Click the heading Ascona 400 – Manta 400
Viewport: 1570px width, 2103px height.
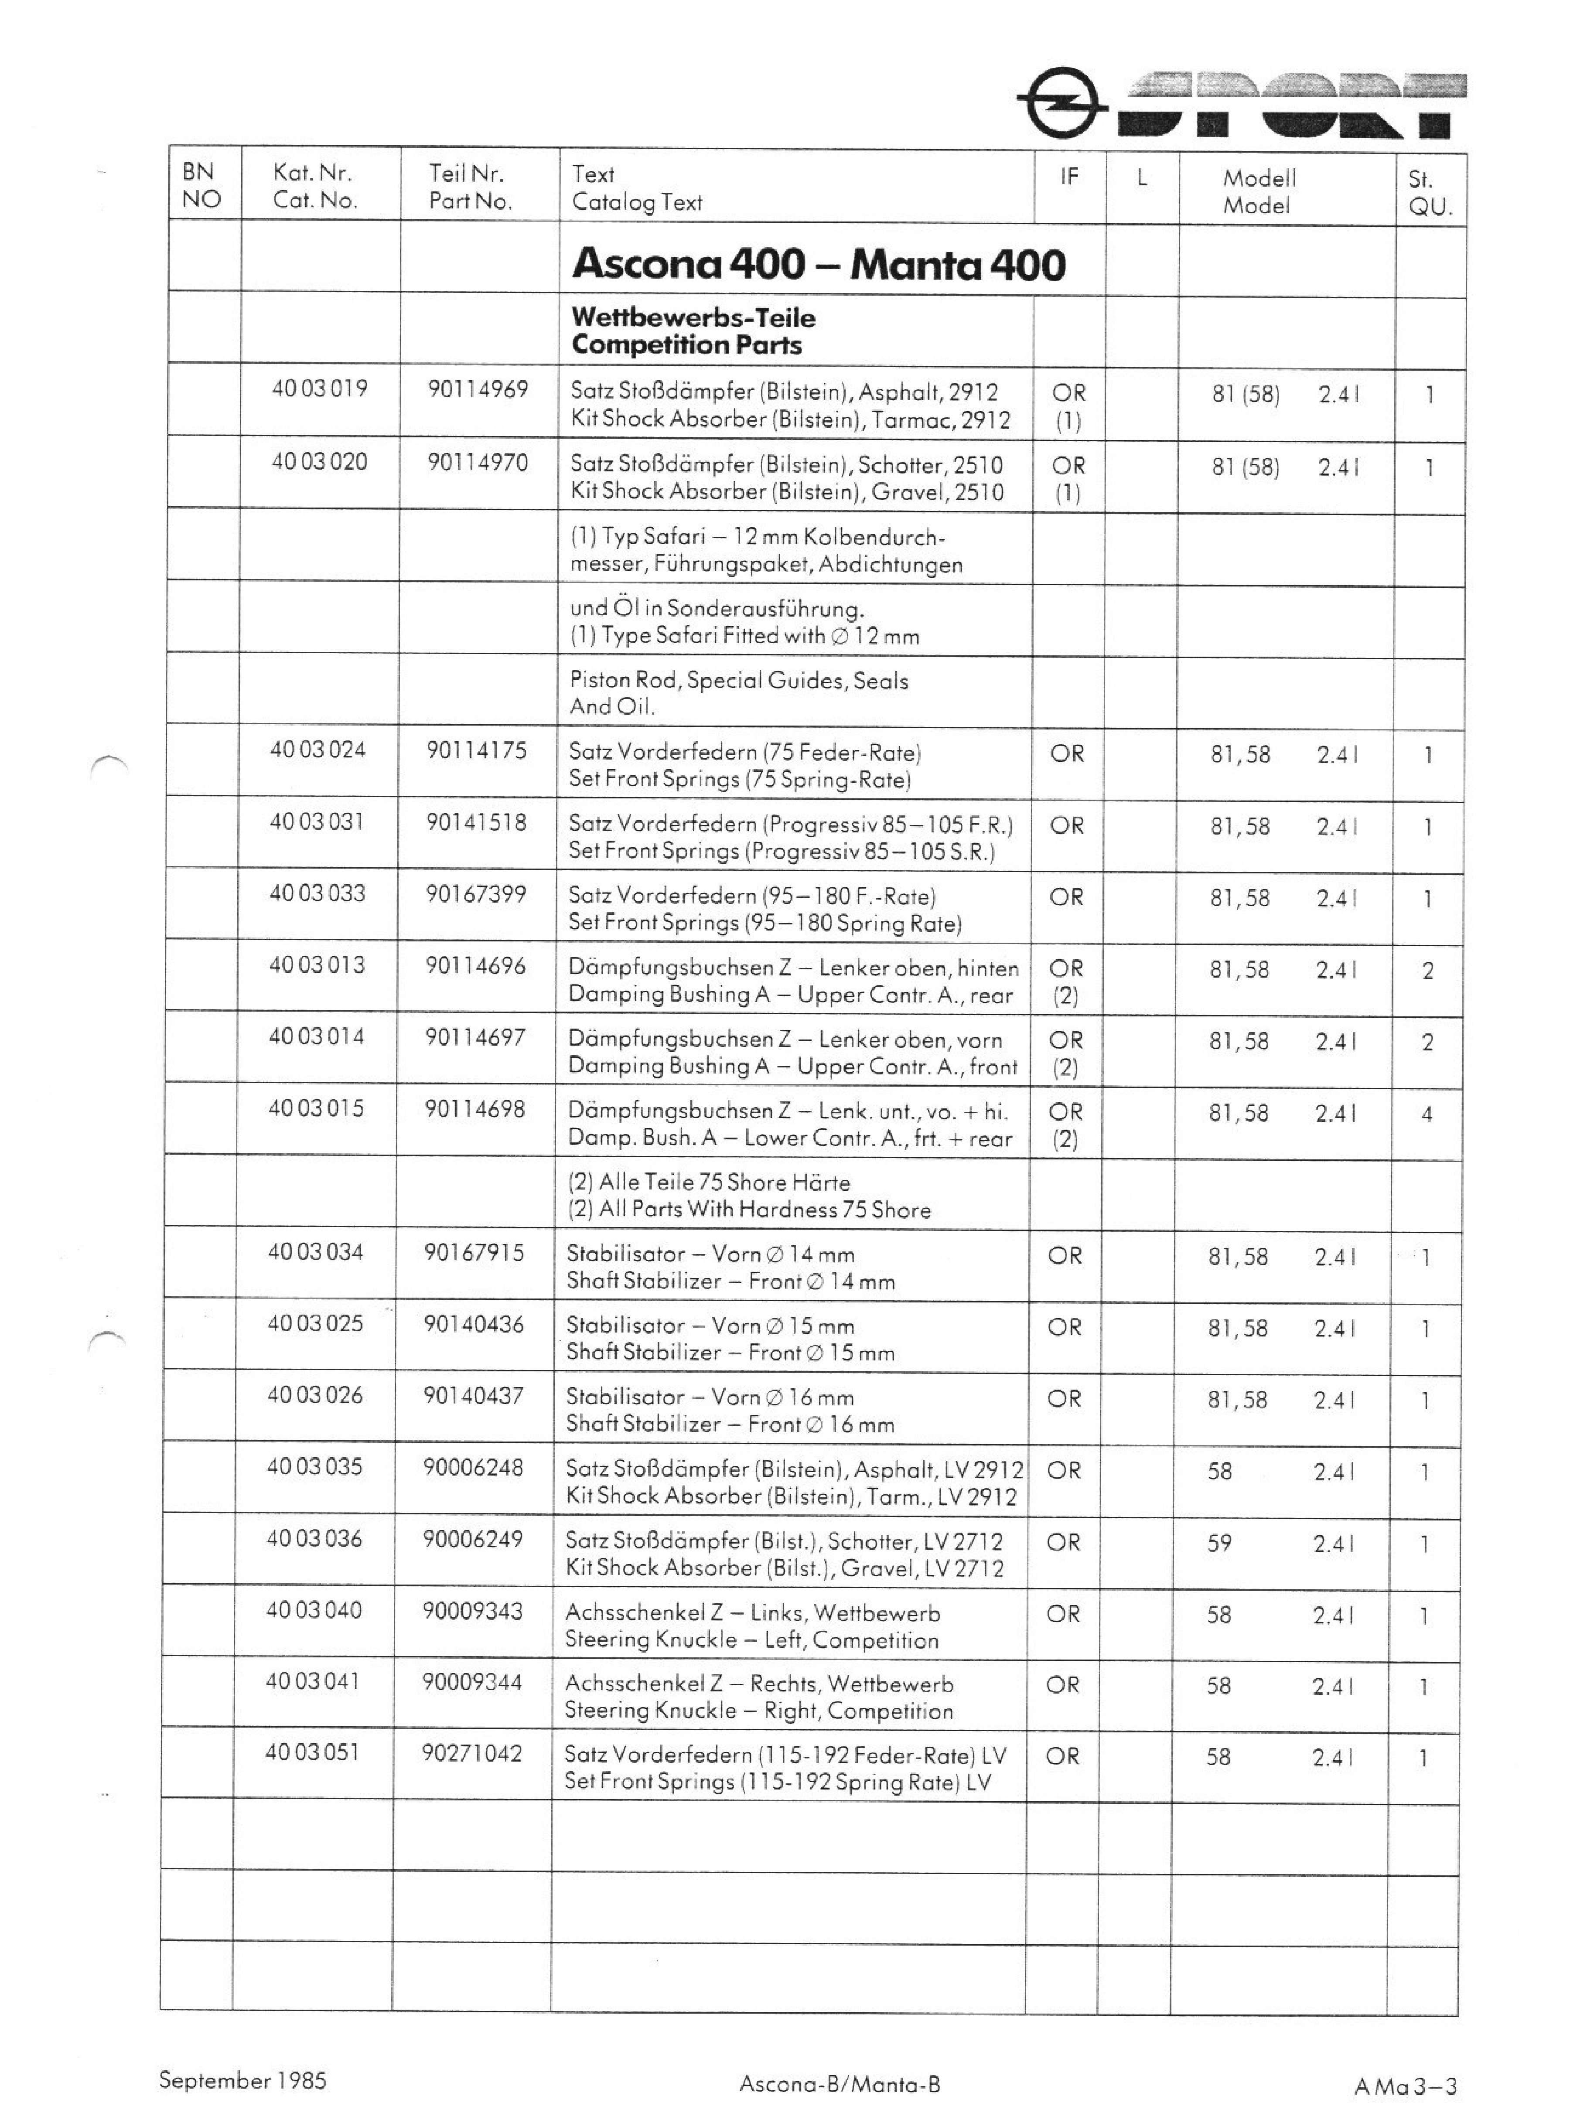pyautogui.click(x=818, y=263)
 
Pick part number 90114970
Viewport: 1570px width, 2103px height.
pyautogui.click(x=477, y=463)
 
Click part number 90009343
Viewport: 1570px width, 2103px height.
pyautogui.click(x=472, y=1612)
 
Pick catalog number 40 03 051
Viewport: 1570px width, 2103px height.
pyautogui.click(x=313, y=1752)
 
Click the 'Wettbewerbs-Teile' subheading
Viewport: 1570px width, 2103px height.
pyautogui.click(x=693, y=317)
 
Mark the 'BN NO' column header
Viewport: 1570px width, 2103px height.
pyautogui.click(x=201, y=185)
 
